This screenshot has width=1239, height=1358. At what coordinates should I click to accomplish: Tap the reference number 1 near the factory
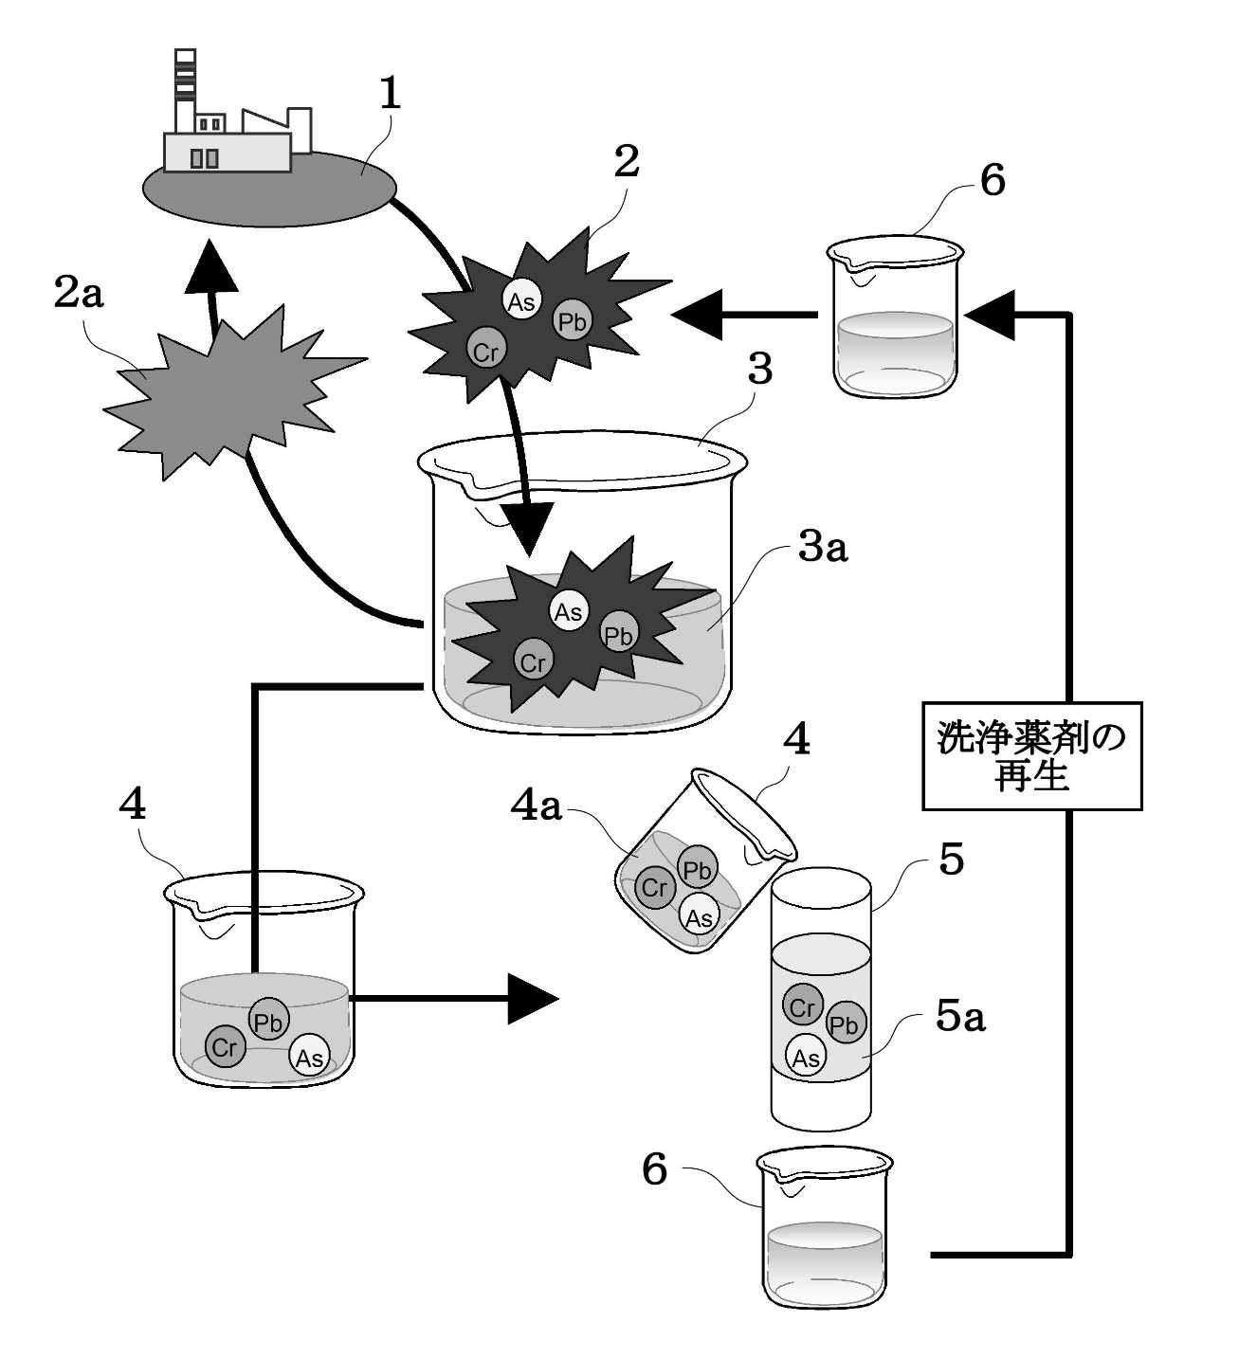pyautogui.click(x=390, y=94)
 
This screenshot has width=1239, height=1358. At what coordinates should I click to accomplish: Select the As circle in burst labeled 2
pyautogui.click(x=521, y=300)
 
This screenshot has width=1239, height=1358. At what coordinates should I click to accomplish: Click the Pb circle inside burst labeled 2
pyautogui.click(x=572, y=321)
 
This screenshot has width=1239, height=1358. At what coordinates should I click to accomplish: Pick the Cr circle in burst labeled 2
pyautogui.click(x=485, y=351)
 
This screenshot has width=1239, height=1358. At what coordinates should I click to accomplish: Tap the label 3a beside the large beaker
pyautogui.click(x=823, y=548)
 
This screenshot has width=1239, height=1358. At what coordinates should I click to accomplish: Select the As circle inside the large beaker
pyautogui.click(x=569, y=611)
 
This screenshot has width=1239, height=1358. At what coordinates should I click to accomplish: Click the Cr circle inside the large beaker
pyautogui.click(x=533, y=661)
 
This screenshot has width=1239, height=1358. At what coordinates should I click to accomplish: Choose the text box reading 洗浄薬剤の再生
pyautogui.click(x=1032, y=756)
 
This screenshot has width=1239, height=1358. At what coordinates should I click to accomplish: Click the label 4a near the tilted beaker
pyautogui.click(x=537, y=807)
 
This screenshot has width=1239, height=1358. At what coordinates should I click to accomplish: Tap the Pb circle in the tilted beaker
pyautogui.click(x=698, y=870)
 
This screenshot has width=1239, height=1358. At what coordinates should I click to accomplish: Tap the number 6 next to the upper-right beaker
pyautogui.click(x=993, y=181)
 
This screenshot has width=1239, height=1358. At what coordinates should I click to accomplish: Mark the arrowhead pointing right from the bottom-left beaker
pyautogui.click(x=533, y=999)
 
